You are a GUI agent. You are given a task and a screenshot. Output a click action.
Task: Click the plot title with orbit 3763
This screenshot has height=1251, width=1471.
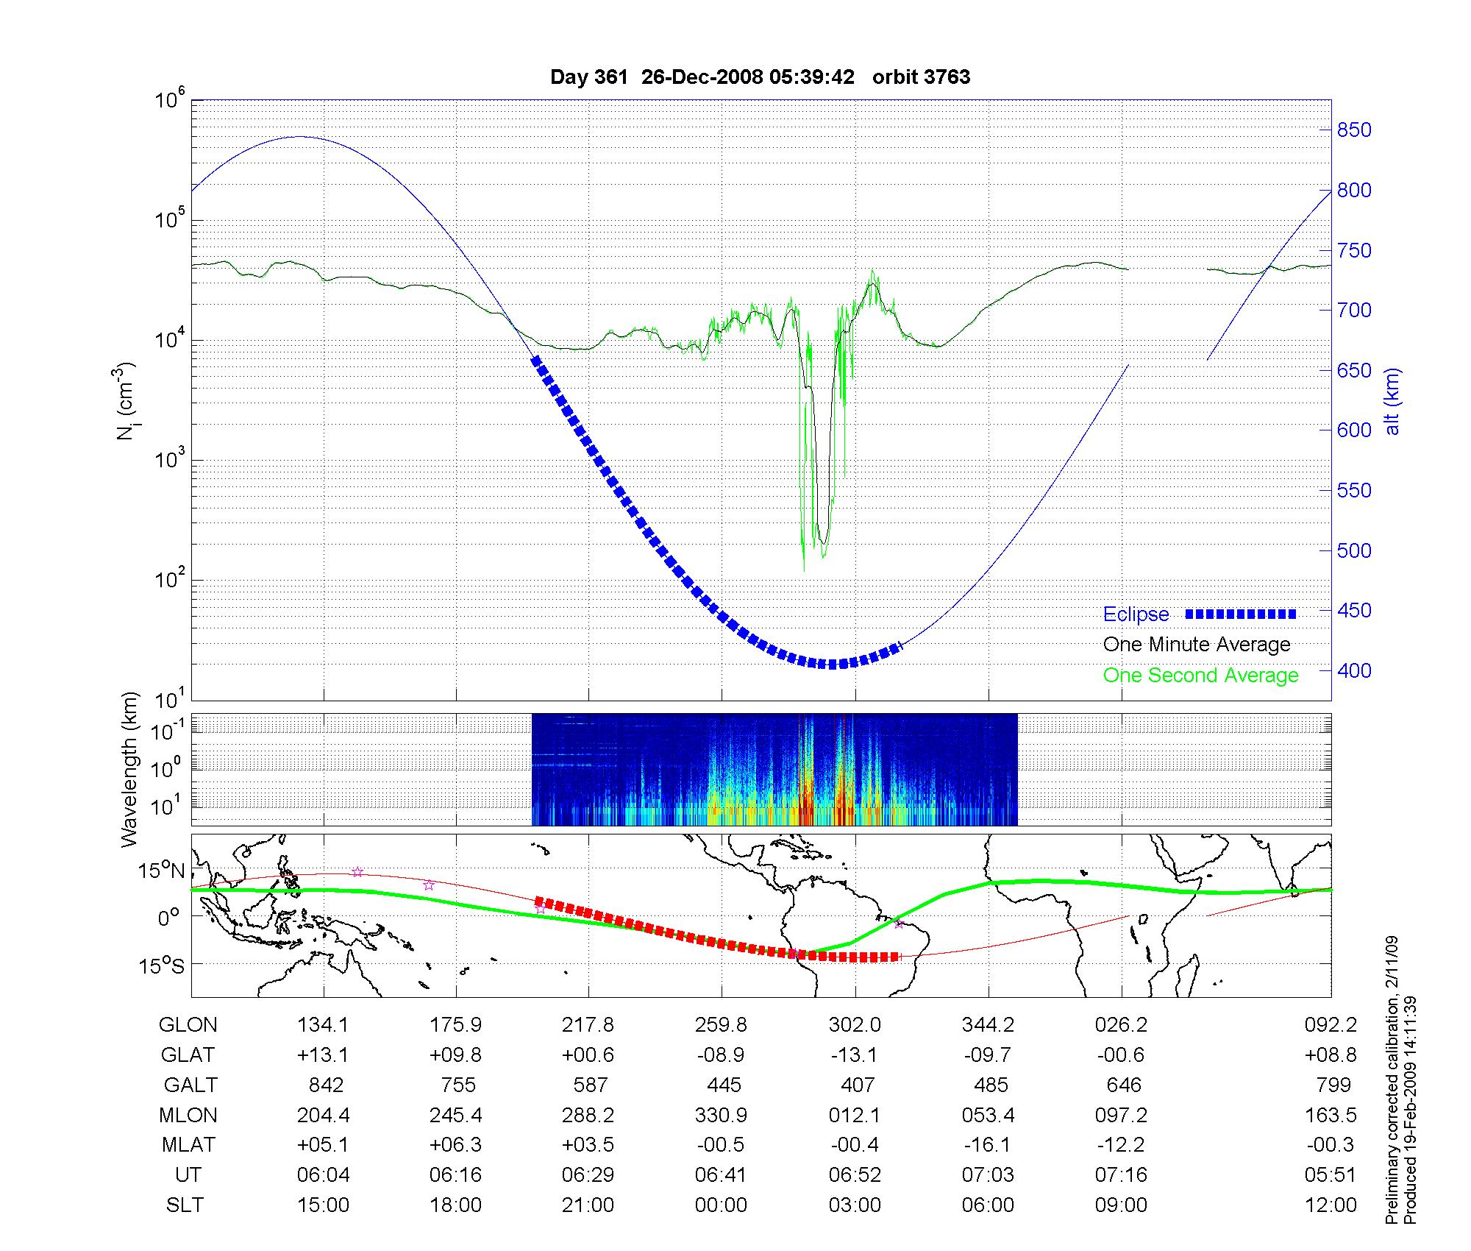pyautogui.click(x=760, y=77)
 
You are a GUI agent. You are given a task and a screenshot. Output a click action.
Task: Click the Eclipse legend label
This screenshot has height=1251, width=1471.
pyautogui.click(x=1136, y=614)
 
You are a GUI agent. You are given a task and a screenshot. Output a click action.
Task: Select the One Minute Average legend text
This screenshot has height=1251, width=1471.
pyautogui.click(x=1197, y=645)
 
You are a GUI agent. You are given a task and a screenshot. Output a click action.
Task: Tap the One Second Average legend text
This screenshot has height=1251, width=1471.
pyautogui.click(x=1200, y=676)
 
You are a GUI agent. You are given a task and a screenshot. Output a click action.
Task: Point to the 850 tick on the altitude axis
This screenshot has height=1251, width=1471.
pyautogui.click(x=1353, y=130)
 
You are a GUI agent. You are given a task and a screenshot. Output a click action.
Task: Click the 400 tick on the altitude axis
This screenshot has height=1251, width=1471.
pyautogui.click(x=1353, y=670)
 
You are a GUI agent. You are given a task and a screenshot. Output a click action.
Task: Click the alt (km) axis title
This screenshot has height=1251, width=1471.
pyautogui.click(x=1392, y=402)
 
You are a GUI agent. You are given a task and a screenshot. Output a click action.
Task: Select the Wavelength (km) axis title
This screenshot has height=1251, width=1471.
pyautogui.click(x=131, y=770)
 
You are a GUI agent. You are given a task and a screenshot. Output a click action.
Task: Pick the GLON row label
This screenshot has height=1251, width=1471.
pyautogui.click(x=188, y=1025)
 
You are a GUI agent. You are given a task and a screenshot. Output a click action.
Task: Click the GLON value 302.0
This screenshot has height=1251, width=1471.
pyautogui.click(x=855, y=1025)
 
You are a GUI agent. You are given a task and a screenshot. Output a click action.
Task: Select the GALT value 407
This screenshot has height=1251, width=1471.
pyautogui.click(x=858, y=1085)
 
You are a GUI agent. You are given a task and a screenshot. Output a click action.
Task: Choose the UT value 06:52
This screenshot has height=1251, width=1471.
pyautogui.click(x=855, y=1174)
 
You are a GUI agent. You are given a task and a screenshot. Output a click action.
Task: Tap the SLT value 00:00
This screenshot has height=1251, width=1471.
pyautogui.click(x=721, y=1205)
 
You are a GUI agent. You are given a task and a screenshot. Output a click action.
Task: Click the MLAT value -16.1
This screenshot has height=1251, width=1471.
pyautogui.click(x=988, y=1145)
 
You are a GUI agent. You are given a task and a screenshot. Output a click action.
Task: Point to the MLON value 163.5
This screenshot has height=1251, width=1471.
pyautogui.click(x=1330, y=1115)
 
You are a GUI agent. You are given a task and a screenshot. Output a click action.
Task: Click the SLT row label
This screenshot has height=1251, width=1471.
pyautogui.click(x=185, y=1205)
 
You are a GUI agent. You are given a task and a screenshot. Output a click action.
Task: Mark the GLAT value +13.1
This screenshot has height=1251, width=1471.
pyautogui.click(x=323, y=1055)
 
